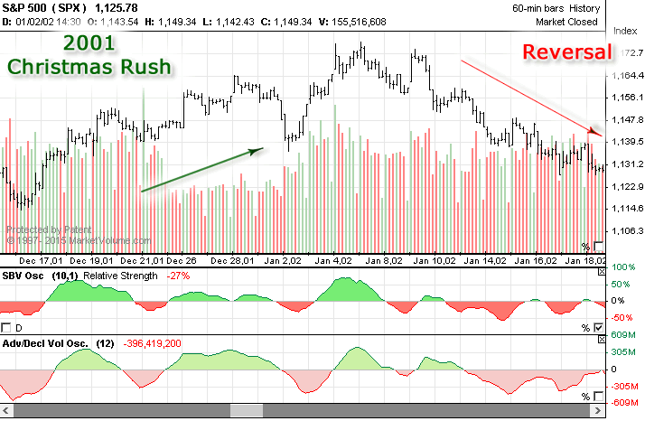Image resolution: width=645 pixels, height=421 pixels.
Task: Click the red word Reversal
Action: point(566,53)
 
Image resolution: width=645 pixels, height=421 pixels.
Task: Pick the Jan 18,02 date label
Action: point(584,260)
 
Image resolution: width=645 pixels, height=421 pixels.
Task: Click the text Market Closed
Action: point(566,21)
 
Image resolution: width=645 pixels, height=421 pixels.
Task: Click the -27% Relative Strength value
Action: point(178,274)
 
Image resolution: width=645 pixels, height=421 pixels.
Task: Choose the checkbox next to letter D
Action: point(7,327)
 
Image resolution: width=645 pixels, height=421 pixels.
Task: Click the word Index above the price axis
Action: point(625,30)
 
